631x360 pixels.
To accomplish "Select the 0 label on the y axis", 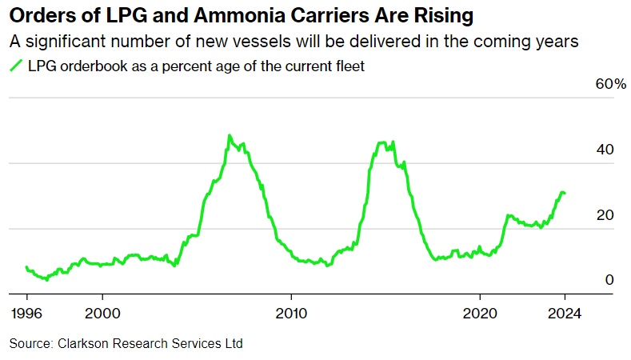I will tap(609, 279).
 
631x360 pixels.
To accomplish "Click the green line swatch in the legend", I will tap(15, 67).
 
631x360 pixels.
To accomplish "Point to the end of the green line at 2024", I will tap(565, 193).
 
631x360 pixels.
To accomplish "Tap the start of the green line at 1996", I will tap(26, 267).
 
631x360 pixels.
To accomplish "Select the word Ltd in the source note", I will tap(232, 344).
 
